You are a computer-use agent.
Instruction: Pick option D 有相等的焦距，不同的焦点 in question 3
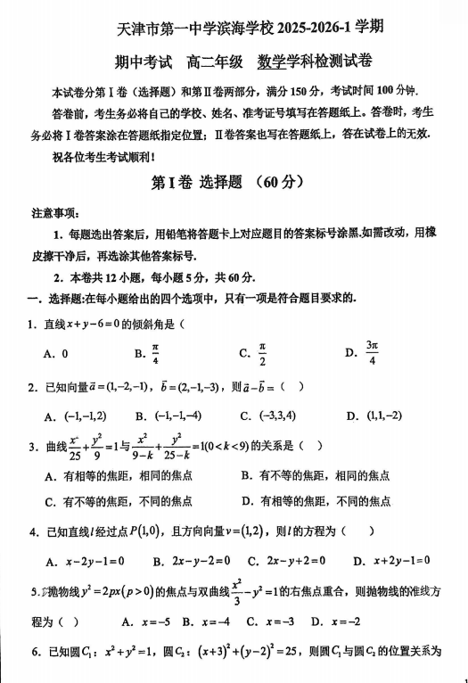click(x=316, y=501)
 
